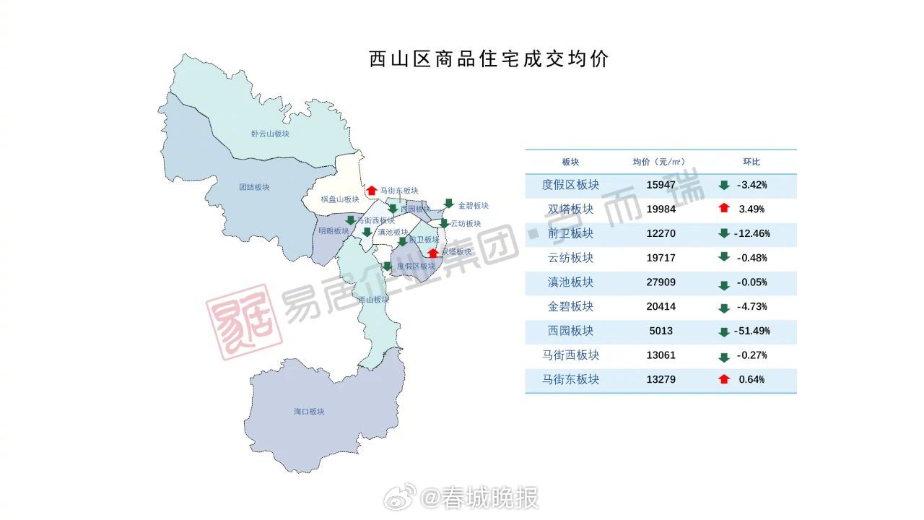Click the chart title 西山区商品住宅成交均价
point(489,59)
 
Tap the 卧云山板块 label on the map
point(270,134)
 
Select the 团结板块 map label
point(254,187)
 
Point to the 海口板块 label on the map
point(309,412)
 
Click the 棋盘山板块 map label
point(340,199)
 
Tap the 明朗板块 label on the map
point(334,231)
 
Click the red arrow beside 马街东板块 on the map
point(372,191)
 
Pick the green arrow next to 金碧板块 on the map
point(448,204)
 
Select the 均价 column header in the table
point(658,162)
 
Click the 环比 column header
point(751,162)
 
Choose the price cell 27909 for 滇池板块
point(661,282)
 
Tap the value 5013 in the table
point(661,331)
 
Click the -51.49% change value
point(754,331)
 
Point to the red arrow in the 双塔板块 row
point(724,209)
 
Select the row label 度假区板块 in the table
point(570,185)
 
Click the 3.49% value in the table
point(751,209)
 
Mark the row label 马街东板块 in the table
point(570,379)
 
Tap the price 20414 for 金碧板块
point(661,307)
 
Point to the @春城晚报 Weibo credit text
point(479,498)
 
